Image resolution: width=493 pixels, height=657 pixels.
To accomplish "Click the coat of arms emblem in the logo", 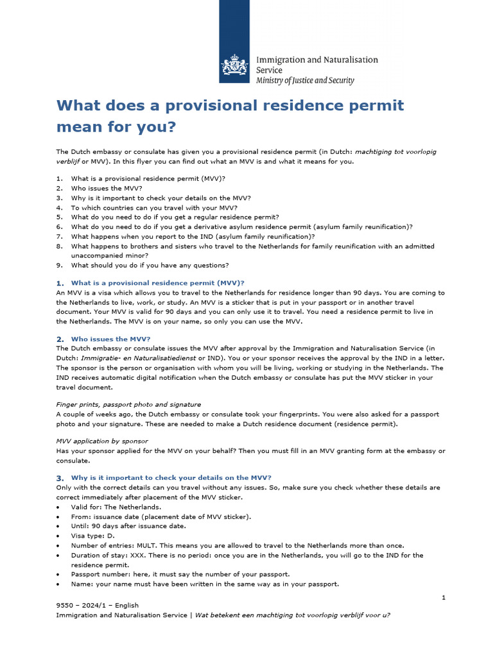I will click(x=234, y=66).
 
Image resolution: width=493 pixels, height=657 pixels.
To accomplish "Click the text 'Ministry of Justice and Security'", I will click(x=305, y=81).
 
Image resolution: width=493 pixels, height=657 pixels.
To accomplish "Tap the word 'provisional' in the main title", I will click(x=229, y=105).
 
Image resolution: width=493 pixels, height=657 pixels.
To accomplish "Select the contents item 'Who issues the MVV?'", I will click(x=107, y=188).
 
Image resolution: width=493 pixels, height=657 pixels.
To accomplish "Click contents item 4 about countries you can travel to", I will click(x=154, y=207).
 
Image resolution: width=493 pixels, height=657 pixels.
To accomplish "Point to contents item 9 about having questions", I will click(x=150, y=265).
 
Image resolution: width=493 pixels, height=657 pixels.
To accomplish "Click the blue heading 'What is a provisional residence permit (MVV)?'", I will click(x=157, y=283).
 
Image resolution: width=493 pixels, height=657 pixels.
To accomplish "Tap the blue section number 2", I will click(x=60, y=339).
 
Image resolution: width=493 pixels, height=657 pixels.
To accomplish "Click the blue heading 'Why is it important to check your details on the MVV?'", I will click(x=171, y=477).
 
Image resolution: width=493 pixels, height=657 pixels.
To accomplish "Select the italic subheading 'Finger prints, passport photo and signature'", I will click(x=128, y=404).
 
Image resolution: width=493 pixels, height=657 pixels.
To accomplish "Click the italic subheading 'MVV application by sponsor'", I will click(x=101, y=441).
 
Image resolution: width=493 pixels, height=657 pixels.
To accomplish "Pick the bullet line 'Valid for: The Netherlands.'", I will click(x=116, y=507).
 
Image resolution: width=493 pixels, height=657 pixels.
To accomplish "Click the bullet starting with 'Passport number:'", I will click(x=180, y=574).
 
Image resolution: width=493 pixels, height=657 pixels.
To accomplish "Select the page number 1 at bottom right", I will click(x=443, y=597).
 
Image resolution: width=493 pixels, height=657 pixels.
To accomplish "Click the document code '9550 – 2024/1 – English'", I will click(x=97, y=605).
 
